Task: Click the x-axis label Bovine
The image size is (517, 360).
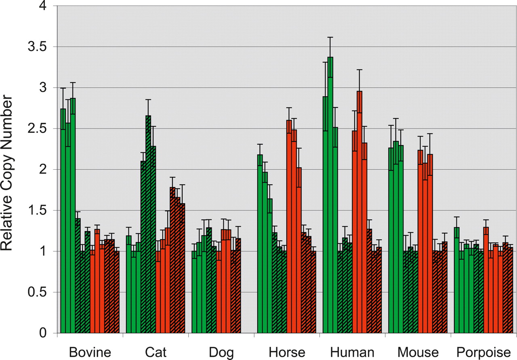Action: tap(90, 352)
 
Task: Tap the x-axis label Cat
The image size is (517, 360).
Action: tap(155, 352)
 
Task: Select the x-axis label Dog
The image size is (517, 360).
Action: tap(221, 352)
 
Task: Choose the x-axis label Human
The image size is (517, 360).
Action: tap(352, 352)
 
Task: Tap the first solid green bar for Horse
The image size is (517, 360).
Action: tap(260, 242)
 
